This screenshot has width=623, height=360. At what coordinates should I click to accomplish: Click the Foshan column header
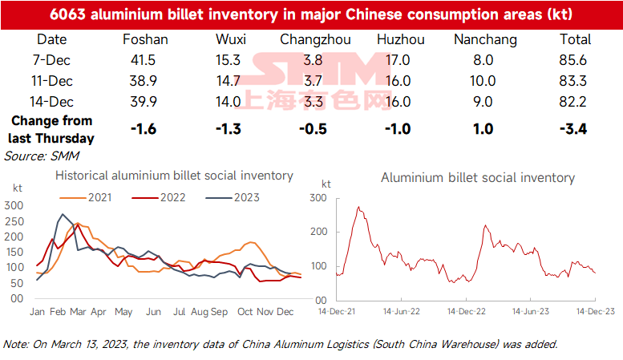click(145, 39)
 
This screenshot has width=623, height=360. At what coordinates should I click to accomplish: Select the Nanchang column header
click(485, 40)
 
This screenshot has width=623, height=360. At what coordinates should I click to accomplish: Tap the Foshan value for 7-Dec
click(143, 60)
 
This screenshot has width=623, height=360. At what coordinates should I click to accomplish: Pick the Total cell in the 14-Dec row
click(572, 102)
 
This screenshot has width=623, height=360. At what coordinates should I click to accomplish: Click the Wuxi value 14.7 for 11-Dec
click(228, 81)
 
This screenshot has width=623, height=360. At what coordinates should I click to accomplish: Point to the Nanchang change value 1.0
click(483, 129)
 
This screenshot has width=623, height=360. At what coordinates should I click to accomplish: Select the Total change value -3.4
click(573, 129)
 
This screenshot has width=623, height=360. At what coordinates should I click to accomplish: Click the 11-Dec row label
click(52, 81)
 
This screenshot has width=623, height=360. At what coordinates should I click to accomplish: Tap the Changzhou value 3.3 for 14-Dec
click(313, 102)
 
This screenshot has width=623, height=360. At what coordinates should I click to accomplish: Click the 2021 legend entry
click(86, 197)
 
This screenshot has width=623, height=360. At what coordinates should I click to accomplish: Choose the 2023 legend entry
click(233, 197)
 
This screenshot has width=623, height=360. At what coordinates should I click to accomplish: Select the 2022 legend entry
click(159, 197)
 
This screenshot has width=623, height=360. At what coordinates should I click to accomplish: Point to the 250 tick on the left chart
click(14, 221)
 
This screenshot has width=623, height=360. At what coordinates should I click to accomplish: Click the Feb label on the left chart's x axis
click(58, 312)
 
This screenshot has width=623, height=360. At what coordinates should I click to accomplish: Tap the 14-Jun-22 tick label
click(401, 312)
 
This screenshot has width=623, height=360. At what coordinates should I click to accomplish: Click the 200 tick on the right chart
click(318, 232)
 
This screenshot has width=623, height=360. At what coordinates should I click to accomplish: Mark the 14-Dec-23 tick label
click(596, 312)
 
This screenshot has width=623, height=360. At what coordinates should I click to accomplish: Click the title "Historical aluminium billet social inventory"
click(174, 176)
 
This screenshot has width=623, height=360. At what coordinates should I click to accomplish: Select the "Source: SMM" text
click(42, 156)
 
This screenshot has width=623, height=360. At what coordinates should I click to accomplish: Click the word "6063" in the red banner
click(67, 14)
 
